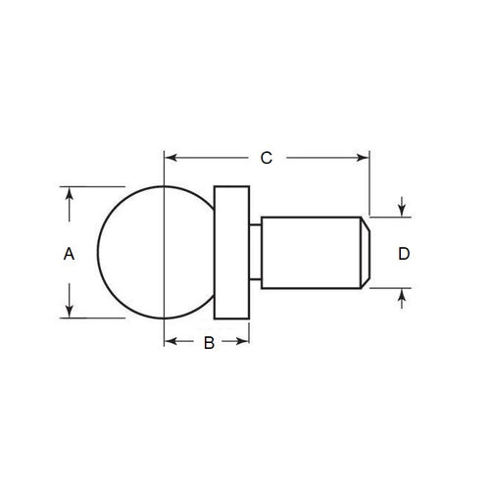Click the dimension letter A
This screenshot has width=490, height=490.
[69, 254]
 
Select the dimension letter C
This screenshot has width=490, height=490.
[265, 157]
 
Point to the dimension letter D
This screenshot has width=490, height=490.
[404, 254]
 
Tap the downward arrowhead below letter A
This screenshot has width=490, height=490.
[69, 311]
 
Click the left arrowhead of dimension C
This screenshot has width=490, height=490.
[171, 156]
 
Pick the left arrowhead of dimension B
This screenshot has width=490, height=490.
[171, 341]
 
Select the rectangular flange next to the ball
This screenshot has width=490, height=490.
[231, 252]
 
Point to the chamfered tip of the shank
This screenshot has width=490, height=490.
[365, 253]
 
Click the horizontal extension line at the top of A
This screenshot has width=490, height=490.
[93, 186]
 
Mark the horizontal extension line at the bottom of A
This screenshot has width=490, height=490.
[93, 318]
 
